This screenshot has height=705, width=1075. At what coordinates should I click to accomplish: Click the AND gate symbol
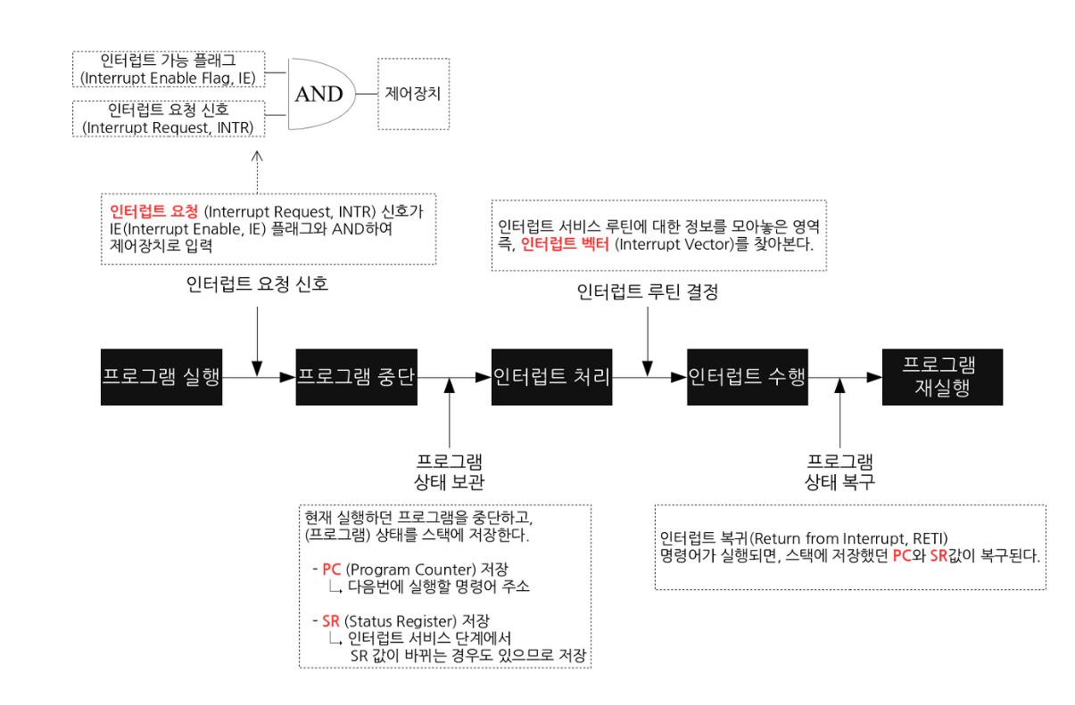pyautogui.click(x=319, y=94)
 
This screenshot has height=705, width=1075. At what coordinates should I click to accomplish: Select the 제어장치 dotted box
pyautogui.click(x=413, y=93)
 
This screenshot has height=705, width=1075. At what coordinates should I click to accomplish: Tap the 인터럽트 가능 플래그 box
pyautogui.click(x=167, y=70)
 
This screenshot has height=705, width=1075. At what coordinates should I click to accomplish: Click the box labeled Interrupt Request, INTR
pyautogui.click(x=167, y=119)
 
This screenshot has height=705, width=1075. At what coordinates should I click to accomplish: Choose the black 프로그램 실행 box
pyautogui.click(x=161, y=377)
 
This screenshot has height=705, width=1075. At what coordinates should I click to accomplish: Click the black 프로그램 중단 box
pyautogui.click(x=357, y=377)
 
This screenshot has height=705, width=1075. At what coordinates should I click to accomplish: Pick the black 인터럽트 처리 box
pyautogui.click(x=552, y=377)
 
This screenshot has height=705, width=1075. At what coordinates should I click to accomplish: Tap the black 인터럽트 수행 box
pyautogui.click(x=748, y=377)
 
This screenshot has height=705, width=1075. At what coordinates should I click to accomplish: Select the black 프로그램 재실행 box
pyautogui.click(x=941, y=378)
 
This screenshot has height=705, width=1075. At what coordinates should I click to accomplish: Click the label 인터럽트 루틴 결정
pyautogui.click(x=647, y=291)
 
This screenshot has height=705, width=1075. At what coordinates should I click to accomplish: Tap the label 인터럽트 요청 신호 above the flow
pyautogui.click(x=257, y=285)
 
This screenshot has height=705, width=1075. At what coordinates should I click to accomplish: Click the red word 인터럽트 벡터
pyautogui.click(x=564, y=242)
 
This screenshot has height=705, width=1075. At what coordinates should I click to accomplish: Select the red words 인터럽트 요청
pyautogui.click(x=153, y=212)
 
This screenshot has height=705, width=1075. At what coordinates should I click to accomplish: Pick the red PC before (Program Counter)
pyautogui.click(x=332, y=570)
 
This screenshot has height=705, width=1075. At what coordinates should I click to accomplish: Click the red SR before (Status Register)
pyautogui.click(x=331, y=620)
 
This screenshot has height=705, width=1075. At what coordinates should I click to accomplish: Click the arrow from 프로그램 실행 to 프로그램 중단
pyautogui.click(x=259, y=378)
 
